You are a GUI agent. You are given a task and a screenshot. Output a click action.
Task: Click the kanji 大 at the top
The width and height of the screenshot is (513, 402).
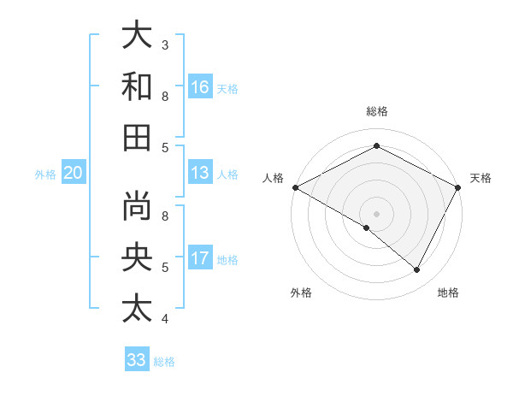click(x=137, y=37)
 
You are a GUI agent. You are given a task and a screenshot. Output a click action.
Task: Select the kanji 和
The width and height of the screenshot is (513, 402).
click(x=137, y=87)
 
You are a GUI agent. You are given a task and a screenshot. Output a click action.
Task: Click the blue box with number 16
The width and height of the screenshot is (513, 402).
click(x=200, y=87)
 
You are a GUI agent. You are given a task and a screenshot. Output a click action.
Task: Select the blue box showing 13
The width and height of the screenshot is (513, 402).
click(x=200, y=173)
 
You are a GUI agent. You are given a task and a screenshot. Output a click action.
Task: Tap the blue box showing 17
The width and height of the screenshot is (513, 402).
click(x=200, y=258)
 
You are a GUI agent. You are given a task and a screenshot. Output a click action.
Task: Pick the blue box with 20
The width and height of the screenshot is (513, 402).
click(x=74, y=174)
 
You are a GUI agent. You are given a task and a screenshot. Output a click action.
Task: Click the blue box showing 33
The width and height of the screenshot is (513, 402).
click(x=137, y=360)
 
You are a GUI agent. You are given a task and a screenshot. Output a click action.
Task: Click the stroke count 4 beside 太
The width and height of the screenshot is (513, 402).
click(x=165, y=319)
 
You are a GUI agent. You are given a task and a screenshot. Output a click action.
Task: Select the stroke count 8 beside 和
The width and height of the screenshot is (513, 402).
click(x=165, y=96)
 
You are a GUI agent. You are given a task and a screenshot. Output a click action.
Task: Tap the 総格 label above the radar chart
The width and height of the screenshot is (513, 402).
click(x=376, y=111)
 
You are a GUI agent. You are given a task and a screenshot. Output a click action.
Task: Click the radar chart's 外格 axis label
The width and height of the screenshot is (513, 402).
click(x=301, y=293)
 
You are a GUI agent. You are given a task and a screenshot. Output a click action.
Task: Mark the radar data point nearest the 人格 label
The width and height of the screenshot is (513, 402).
click(x=295, y=187)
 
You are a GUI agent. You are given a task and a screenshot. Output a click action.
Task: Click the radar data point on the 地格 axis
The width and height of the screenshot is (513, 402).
click(x=417, y=269)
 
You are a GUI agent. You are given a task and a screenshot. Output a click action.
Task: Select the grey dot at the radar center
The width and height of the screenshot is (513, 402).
click(x=376, y=213)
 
